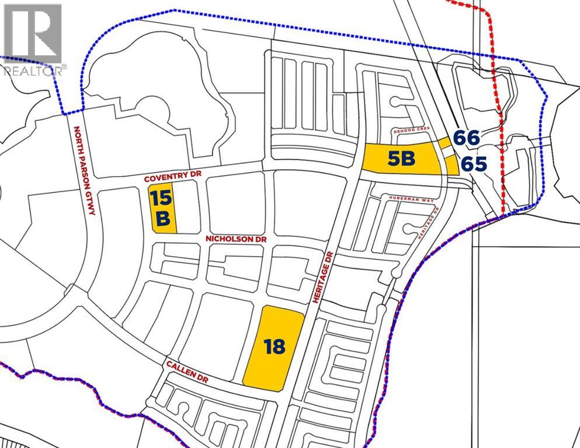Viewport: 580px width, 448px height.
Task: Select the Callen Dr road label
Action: pos(186,372)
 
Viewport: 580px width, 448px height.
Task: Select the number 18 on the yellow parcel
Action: pos(274,347)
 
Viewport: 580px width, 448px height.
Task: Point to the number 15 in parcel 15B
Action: pos(162,198)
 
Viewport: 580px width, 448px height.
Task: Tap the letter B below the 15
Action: pos(163,219)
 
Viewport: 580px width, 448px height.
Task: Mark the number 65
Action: pos(473,164)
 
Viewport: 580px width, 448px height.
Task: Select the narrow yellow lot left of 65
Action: pos(452,165)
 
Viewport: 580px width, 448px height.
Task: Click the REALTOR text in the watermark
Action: pos(33,71)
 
